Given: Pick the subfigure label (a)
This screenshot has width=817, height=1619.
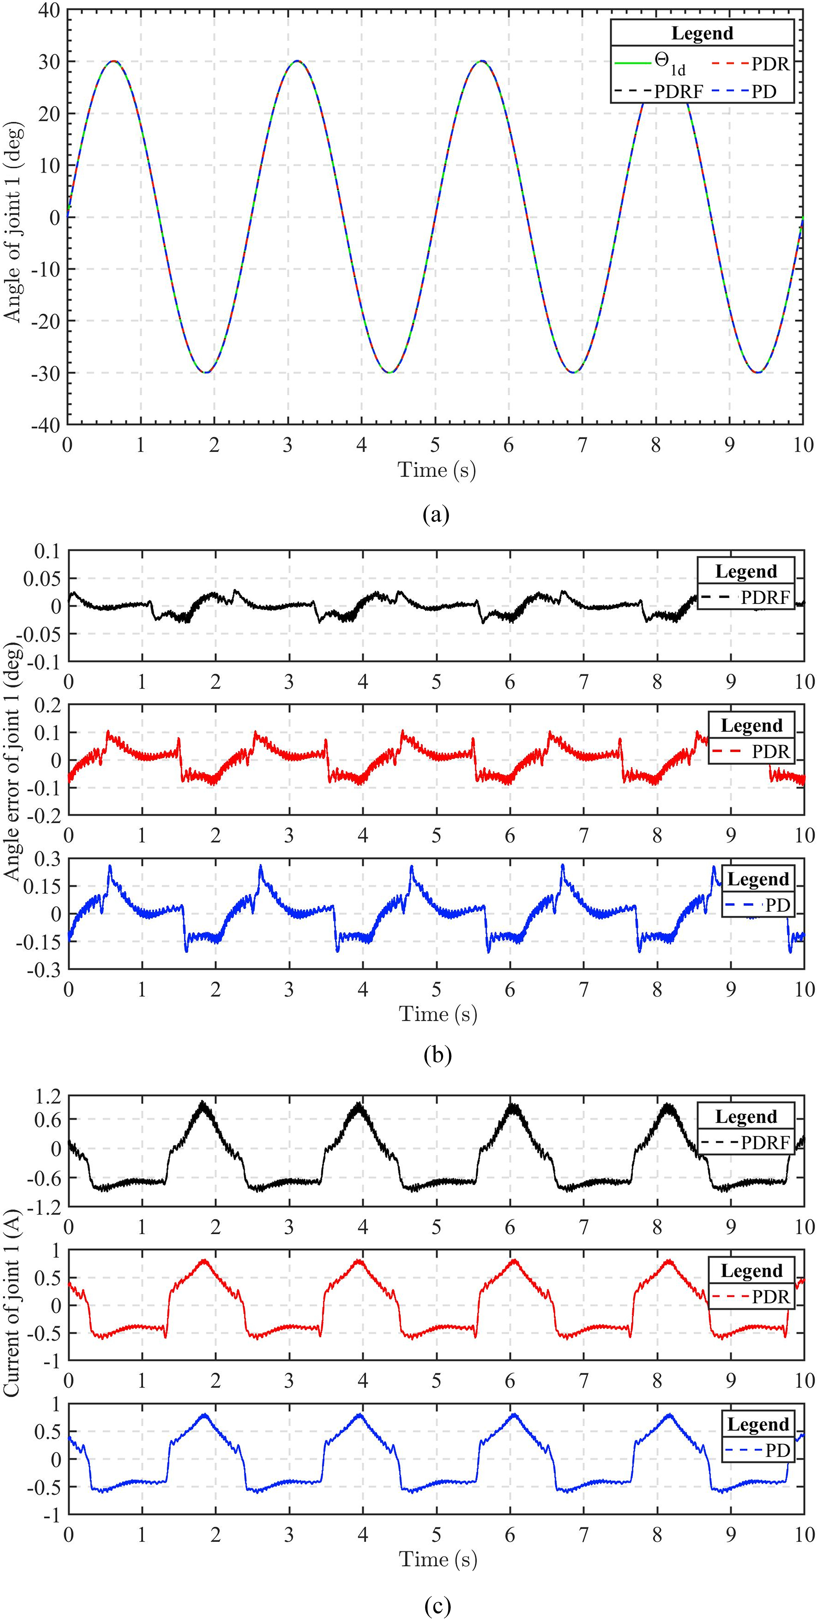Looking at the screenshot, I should [x=436, y=515].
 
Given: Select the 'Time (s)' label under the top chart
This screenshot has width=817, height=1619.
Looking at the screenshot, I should [x=436, y=469].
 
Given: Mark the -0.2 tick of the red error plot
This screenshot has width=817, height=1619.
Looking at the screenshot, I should [x=45, y=816].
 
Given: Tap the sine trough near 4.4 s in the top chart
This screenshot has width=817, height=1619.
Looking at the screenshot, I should [x=390, y=372].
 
